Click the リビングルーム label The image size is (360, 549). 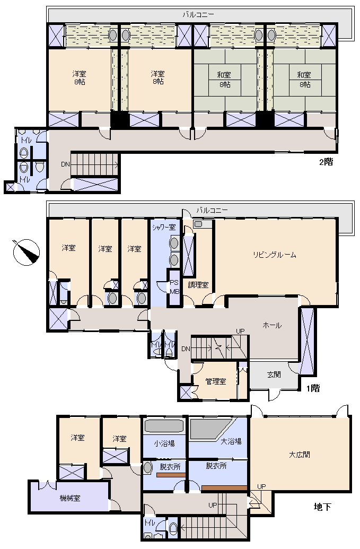tap(275, 255)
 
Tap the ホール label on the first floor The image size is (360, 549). tap(272, 325)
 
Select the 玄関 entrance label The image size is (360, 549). tap(274, 374)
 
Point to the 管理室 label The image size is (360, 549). tap(216, 381)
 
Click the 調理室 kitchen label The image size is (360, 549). tap(198, 285)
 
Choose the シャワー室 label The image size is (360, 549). tap(164, 227)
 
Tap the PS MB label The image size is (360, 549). tap(174, 287)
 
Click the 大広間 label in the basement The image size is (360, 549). tap(300, 455)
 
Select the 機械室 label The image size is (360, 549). tap(70, 498)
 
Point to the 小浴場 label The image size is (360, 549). tap(164, 443)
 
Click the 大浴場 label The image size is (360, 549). tap(231, 441)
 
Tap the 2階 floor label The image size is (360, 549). tap(326, 162)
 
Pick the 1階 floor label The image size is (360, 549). tap(313, 388)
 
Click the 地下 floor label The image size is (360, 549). tap(322, 507)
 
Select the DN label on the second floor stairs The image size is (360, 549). tap(65, 164)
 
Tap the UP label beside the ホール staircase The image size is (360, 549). tap(240, 331)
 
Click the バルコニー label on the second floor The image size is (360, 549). tap(198, 15)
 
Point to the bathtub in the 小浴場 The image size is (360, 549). tap(164, 426)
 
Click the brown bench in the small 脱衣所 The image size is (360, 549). tap(171, 475)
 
